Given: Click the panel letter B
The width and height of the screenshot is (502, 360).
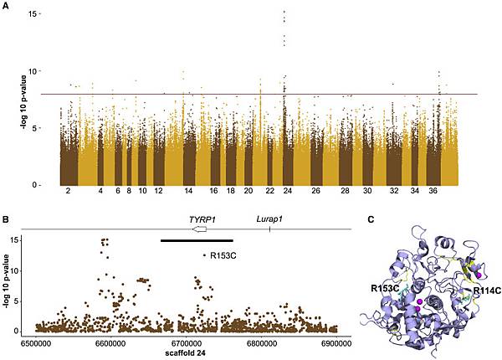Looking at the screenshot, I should pos(7,219).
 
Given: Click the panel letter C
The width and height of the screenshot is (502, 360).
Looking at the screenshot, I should pos(371,219).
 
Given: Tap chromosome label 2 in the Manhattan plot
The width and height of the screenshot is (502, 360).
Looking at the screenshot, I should pos(66,192).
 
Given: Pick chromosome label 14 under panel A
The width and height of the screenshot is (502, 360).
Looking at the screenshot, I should pos(189,192).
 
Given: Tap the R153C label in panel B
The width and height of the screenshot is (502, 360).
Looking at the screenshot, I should pos(223,255).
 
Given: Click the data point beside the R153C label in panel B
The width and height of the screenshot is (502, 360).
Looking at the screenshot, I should pos(204,255).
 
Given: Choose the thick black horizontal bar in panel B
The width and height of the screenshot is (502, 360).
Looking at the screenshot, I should pos(197,241).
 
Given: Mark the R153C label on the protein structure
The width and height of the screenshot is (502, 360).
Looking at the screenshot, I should pos(386,288).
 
